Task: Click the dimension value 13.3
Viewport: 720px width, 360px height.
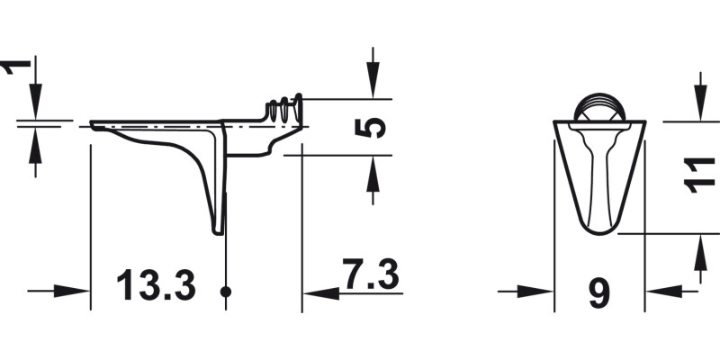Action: (156, 286)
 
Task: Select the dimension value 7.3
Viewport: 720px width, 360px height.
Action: (370, 274)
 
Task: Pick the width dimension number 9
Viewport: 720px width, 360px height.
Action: (598, 292)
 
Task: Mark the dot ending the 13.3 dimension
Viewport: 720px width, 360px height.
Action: (225, 292)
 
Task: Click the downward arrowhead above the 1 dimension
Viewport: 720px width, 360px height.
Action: (34, 104)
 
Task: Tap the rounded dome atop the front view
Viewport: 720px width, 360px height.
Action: (599, 107)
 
